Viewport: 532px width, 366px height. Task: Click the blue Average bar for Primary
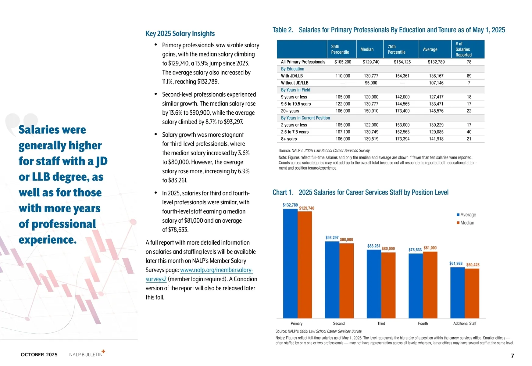pyautogui.click(x=290, y=264)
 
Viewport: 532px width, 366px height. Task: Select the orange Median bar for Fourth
pyautogui.click(x=430, y=285)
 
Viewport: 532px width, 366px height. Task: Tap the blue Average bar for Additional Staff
pyautogui.click(x=457, y=293)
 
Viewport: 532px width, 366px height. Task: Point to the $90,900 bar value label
pyautogui.click(x=346, y=240)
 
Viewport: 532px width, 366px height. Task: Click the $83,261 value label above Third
pyautogui.click(x=374, y=246)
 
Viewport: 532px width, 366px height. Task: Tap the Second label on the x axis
pyautogui.click(x=339, y=324)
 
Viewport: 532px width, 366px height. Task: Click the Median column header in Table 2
pyautogui.click(x=367, y=49)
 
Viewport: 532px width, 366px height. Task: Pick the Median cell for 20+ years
pyautogui.click(x=371, y=111)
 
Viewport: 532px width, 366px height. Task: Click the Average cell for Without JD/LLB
pyautogui.click(x=436, y=83)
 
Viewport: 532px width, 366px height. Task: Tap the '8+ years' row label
pyautogui.click(x=289, y=139)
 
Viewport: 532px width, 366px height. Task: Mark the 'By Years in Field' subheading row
pyautogui.click(x=295, y=90)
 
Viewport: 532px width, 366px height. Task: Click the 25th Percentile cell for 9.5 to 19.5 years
pyautogui.click(x=343, y=104)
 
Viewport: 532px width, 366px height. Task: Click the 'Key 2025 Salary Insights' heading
pyautogui.click(x=180, y=34)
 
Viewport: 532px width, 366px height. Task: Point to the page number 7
pyautogui.click(x=512, y=356)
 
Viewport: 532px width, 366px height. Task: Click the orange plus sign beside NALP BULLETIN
pyautogui.click(x=103, y=351)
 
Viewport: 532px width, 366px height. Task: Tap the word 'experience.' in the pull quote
pyautogui.click(x=48, y=240)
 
